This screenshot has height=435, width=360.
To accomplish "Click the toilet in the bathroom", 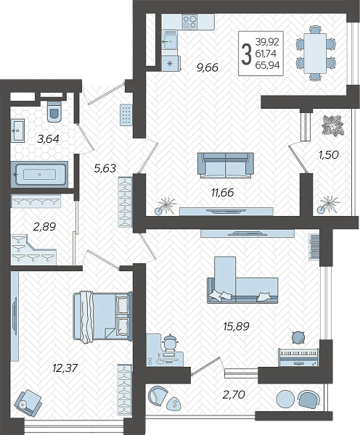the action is point(54,111).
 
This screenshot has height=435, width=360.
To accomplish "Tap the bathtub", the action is point(39,175).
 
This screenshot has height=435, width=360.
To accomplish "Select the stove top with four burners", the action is point(189,22).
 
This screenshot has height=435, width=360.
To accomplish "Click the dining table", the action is point(315,53).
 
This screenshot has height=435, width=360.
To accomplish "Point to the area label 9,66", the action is point(208,67).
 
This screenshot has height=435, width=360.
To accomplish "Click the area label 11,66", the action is point(223,192).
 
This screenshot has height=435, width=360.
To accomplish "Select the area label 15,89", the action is point(236,326).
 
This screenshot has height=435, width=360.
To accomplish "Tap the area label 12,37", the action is point(65,368).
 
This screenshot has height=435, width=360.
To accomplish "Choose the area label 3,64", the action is point(49,138).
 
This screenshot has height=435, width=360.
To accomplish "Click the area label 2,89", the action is point(44,227).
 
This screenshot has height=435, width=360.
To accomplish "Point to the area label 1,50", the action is point(329,155).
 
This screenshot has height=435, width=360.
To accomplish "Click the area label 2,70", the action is point(234,394).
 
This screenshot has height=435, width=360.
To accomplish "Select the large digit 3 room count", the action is point(246,54).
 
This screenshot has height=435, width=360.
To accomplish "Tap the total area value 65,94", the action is point(267,65).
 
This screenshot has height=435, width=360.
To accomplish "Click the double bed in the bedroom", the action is point(102,316).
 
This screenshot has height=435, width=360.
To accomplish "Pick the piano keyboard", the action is point(298,357).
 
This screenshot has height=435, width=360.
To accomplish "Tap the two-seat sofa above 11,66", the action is point(226,165).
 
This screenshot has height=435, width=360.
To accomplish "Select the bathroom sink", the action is point(17,130).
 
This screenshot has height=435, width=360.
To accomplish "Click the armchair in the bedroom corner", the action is point(28,402).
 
